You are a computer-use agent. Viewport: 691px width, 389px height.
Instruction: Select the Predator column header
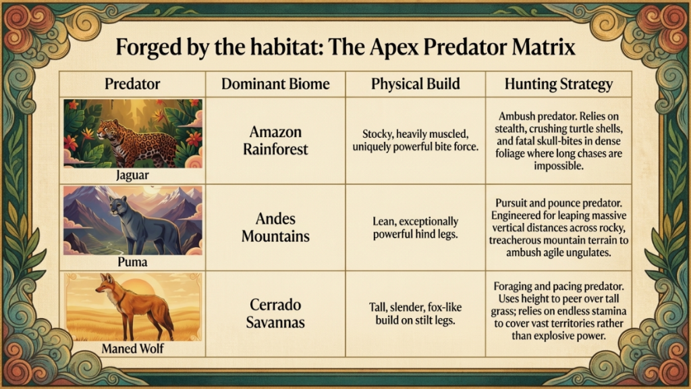[x=132, y=84]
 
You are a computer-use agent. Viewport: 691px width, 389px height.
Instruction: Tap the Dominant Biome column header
[x=275, y=84]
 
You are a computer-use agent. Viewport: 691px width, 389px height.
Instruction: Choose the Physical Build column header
[x=415, y=84]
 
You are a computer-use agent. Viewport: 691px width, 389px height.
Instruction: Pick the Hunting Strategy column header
[x=558, y=84]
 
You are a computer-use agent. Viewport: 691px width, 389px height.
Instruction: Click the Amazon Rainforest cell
[x=275, y=140]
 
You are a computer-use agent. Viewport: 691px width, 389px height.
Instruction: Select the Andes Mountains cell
[x=275, y=228]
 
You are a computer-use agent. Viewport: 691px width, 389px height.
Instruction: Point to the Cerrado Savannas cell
[x=275, y=313]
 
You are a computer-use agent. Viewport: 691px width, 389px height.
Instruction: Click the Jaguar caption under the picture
[x=132, y=175]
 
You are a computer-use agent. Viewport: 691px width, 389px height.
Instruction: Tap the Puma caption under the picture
[x=132, y=262]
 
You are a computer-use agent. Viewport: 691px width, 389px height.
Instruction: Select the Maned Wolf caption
[x=132, y=348]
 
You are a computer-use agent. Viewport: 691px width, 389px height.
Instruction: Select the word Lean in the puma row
[x=383, y=221]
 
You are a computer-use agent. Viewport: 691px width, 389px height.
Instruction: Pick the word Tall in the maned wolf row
[x=377, y=307]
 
